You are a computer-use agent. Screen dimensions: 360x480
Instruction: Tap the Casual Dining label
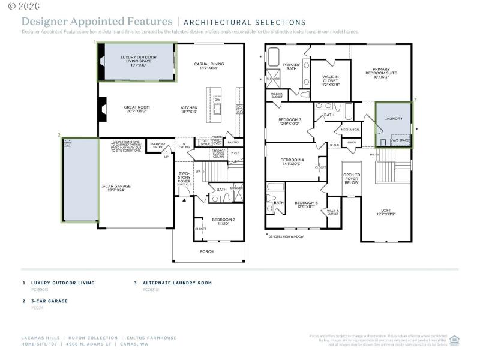(209, 66)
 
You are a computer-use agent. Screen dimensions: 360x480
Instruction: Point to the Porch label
(207, 251)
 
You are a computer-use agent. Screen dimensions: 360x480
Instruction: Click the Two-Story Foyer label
(184, 178)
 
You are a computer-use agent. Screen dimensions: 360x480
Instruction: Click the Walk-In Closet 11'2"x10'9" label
(330, 80)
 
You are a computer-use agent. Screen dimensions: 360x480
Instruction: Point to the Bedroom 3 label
(290, 122)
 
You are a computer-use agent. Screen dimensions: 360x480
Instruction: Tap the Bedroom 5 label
(305, 205)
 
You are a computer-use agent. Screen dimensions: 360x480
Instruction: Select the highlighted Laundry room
(394, 125)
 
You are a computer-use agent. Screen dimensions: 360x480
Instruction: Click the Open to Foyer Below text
(352, 178)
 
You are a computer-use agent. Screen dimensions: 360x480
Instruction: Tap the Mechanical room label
(350, 130)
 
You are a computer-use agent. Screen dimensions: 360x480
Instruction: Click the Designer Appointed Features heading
(97, 22)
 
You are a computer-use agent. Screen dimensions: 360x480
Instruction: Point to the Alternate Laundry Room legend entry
(177, 283)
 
